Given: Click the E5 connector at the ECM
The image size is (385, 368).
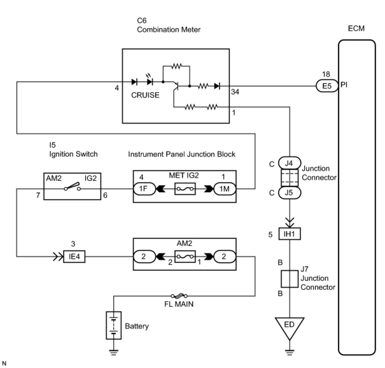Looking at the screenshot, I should (x=327, y=86).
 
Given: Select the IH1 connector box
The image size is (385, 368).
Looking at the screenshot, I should (x=289, y=234).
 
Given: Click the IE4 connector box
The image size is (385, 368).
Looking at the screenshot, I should (x=74, y=256).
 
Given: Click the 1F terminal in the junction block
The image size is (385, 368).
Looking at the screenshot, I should (x=144, y=189).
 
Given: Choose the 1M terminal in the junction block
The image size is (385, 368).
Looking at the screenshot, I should (x=224, y=189).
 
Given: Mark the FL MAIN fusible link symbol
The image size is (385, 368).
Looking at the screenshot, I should (x=179, y=296).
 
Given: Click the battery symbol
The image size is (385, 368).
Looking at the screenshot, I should (x=114, y=325).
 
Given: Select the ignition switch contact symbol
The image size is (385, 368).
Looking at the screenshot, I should (x=73, y=187).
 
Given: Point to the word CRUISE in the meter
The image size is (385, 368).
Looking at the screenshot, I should (x=145, y=95).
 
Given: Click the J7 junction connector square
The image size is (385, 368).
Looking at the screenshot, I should (x=289, y=279).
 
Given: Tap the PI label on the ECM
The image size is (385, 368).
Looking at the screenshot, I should (x=344, y=85).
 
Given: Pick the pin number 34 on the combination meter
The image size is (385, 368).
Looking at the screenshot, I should (x=235, y=92).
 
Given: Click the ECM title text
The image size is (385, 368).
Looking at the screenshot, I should (x=356, y=28).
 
